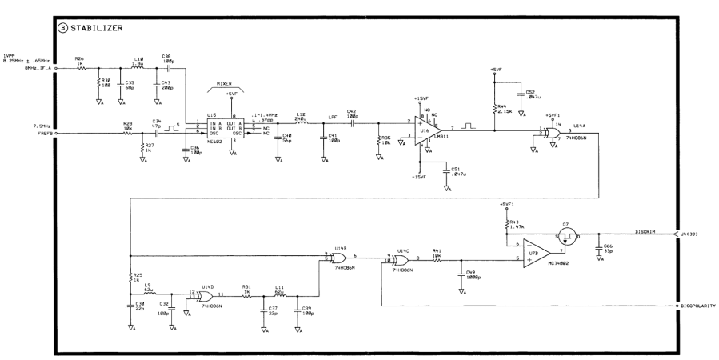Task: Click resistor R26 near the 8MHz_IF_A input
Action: (81, 68)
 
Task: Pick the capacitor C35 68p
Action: (121, 86)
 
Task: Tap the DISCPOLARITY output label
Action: (699, 306)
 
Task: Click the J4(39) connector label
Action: (693, 233)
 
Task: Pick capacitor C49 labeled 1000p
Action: (461, 277)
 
